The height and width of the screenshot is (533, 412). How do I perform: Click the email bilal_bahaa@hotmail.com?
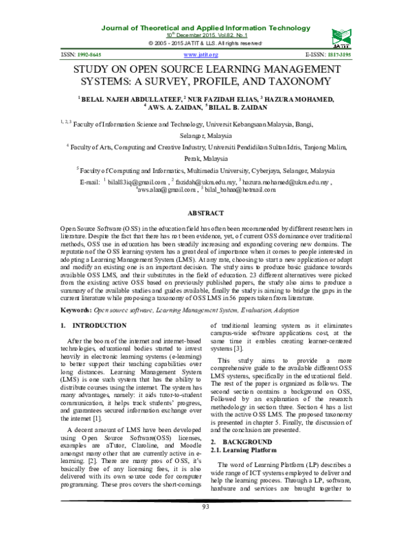click(x=249, y=192)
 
